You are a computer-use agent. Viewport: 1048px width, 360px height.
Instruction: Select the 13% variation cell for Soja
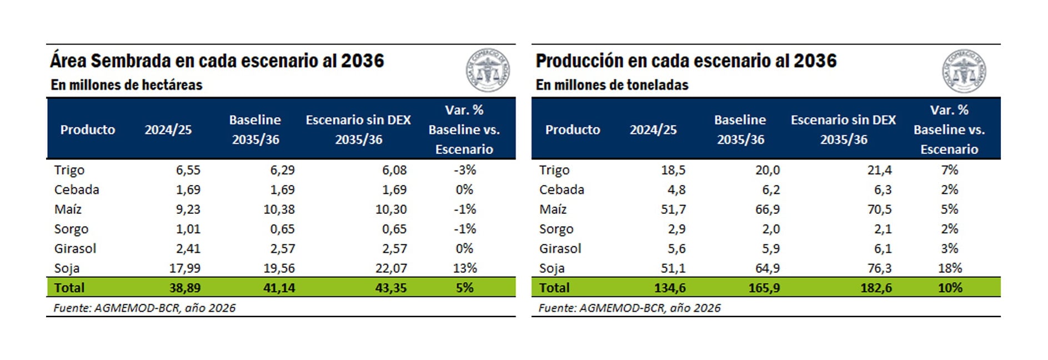pos(464,268)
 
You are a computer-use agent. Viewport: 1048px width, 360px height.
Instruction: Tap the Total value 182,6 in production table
pos(876,288)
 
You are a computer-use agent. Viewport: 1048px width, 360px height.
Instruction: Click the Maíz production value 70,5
pos(879,209)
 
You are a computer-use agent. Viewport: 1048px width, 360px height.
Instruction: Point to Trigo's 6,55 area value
pos(188,170)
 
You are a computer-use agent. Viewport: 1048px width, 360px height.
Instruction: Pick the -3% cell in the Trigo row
pos(464,170)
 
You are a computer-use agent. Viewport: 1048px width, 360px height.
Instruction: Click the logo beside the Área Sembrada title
pos(487,71)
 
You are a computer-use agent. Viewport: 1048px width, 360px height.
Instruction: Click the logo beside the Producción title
pos(964,71)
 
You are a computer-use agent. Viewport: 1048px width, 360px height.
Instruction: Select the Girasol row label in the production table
pos(560,248)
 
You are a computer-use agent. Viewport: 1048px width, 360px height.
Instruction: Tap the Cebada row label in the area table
pos(77,189)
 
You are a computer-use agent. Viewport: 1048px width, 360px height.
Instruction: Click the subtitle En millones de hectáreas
pos(127,85)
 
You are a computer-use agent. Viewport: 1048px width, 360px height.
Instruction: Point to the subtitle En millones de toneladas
pos(612,85)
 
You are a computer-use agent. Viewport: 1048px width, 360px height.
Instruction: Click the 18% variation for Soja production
pos(950,268)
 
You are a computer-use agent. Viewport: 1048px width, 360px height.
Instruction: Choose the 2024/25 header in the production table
pos(653,130)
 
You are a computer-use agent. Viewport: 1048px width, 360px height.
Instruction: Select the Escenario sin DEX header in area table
pos(358,129)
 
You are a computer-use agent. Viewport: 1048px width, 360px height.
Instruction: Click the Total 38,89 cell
pos(185,288)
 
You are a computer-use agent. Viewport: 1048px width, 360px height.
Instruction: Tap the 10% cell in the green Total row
pos(950,288)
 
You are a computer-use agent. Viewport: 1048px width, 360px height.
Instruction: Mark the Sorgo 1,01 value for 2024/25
pos(188,229)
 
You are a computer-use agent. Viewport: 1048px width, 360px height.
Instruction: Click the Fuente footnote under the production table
pos(629,308)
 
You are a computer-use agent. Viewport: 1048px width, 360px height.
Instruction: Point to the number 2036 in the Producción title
pos(815,61)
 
